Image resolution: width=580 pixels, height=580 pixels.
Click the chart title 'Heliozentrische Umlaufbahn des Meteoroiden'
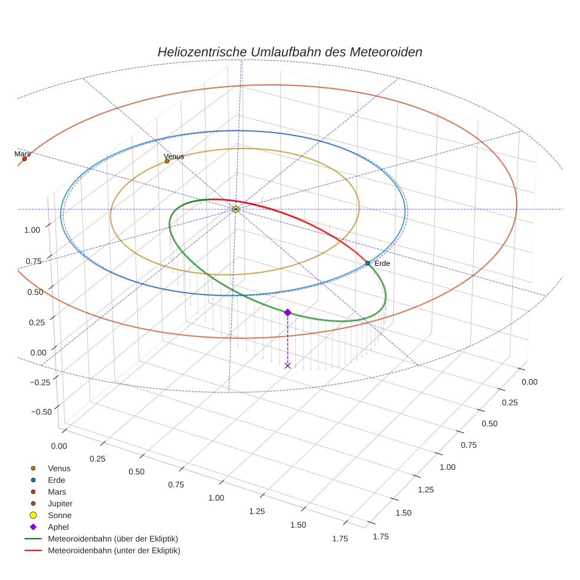[x=289, y=52]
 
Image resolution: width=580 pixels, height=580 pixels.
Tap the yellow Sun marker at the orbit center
[x=236, y=209]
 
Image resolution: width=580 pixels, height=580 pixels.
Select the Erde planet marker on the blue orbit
[x=368, y=263]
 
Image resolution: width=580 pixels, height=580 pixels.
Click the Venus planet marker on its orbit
[x=167, y=161]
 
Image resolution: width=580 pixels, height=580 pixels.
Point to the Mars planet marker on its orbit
[x=24, y=159]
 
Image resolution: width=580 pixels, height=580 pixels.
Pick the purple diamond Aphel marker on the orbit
[x=288, y=312]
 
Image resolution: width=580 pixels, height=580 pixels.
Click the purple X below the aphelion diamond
[x=288, y=365]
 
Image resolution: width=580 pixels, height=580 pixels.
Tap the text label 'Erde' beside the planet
[x=382, y=263]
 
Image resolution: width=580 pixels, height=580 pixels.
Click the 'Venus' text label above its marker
[x=174, y=156]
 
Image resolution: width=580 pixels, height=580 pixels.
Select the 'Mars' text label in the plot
[x=22, y=153]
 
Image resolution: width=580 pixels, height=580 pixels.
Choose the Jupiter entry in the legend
[x=60, y=503]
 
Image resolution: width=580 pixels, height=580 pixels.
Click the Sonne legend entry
[x=60, y=515]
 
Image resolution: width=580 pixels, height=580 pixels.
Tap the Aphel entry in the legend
[x=58, y=527]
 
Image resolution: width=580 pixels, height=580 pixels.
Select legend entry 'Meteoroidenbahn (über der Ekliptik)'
[x=113, y=539]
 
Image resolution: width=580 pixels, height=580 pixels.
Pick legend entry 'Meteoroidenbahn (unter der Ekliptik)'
[x=114, y=551]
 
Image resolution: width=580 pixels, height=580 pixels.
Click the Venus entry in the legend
[x=59, y=468]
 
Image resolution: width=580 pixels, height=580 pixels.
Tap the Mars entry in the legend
[x=57, y=492]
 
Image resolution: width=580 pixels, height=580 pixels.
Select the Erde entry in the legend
[x=57, y=480]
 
